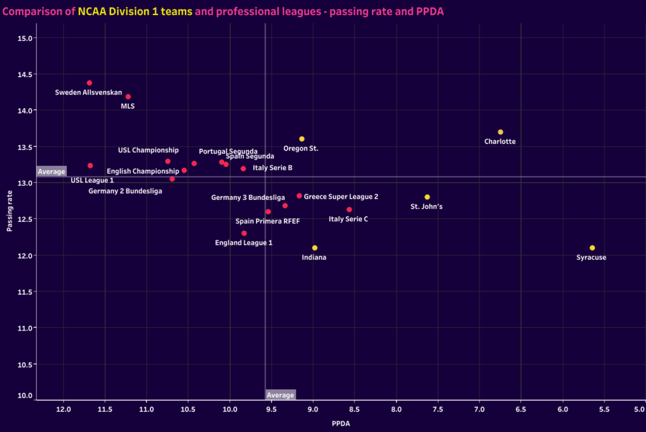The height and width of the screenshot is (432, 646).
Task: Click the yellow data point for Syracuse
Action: (x=592, y=248)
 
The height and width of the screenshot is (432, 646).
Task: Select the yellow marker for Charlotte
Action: (x=500, y=132)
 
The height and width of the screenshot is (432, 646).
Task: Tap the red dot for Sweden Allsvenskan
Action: (x=90, y=83)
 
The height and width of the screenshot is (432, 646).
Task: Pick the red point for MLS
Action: (x=128, y=96)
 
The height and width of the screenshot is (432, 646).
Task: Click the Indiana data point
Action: (x=315, y=248)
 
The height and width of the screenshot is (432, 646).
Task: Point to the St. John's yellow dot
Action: (x=427, y=197)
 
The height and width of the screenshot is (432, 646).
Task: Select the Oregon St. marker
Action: (x=302, y=139)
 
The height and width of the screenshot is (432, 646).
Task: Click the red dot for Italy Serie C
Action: (x=349, y=209)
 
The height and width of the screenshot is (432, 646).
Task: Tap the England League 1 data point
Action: (x=244, y=233)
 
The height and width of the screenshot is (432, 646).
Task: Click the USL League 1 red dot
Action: (x=90, y=165)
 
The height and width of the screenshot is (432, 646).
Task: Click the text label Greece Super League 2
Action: (x=341, y=197)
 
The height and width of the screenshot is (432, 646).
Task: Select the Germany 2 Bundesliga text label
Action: (x=125, y=190)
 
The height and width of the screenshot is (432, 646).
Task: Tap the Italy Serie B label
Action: (x=272, y=168)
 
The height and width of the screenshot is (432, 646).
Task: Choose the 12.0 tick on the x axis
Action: (x=63, y=410)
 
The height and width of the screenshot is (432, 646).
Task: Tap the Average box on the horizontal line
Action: (x=51, y=172)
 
